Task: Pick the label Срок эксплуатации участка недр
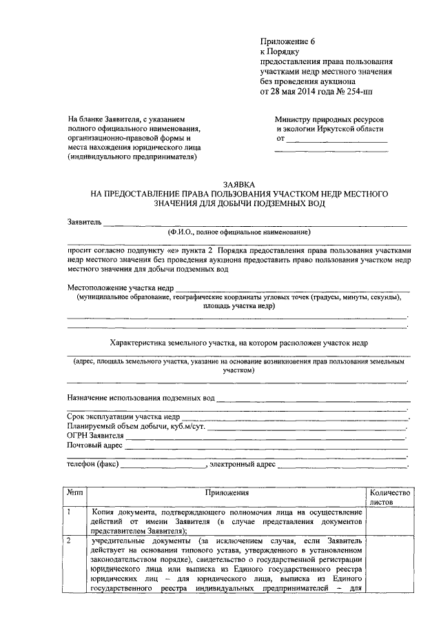coord(124,417)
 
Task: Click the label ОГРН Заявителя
coord(95,436)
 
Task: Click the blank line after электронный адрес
coord(342,467)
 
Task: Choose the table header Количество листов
coord(390,497)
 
